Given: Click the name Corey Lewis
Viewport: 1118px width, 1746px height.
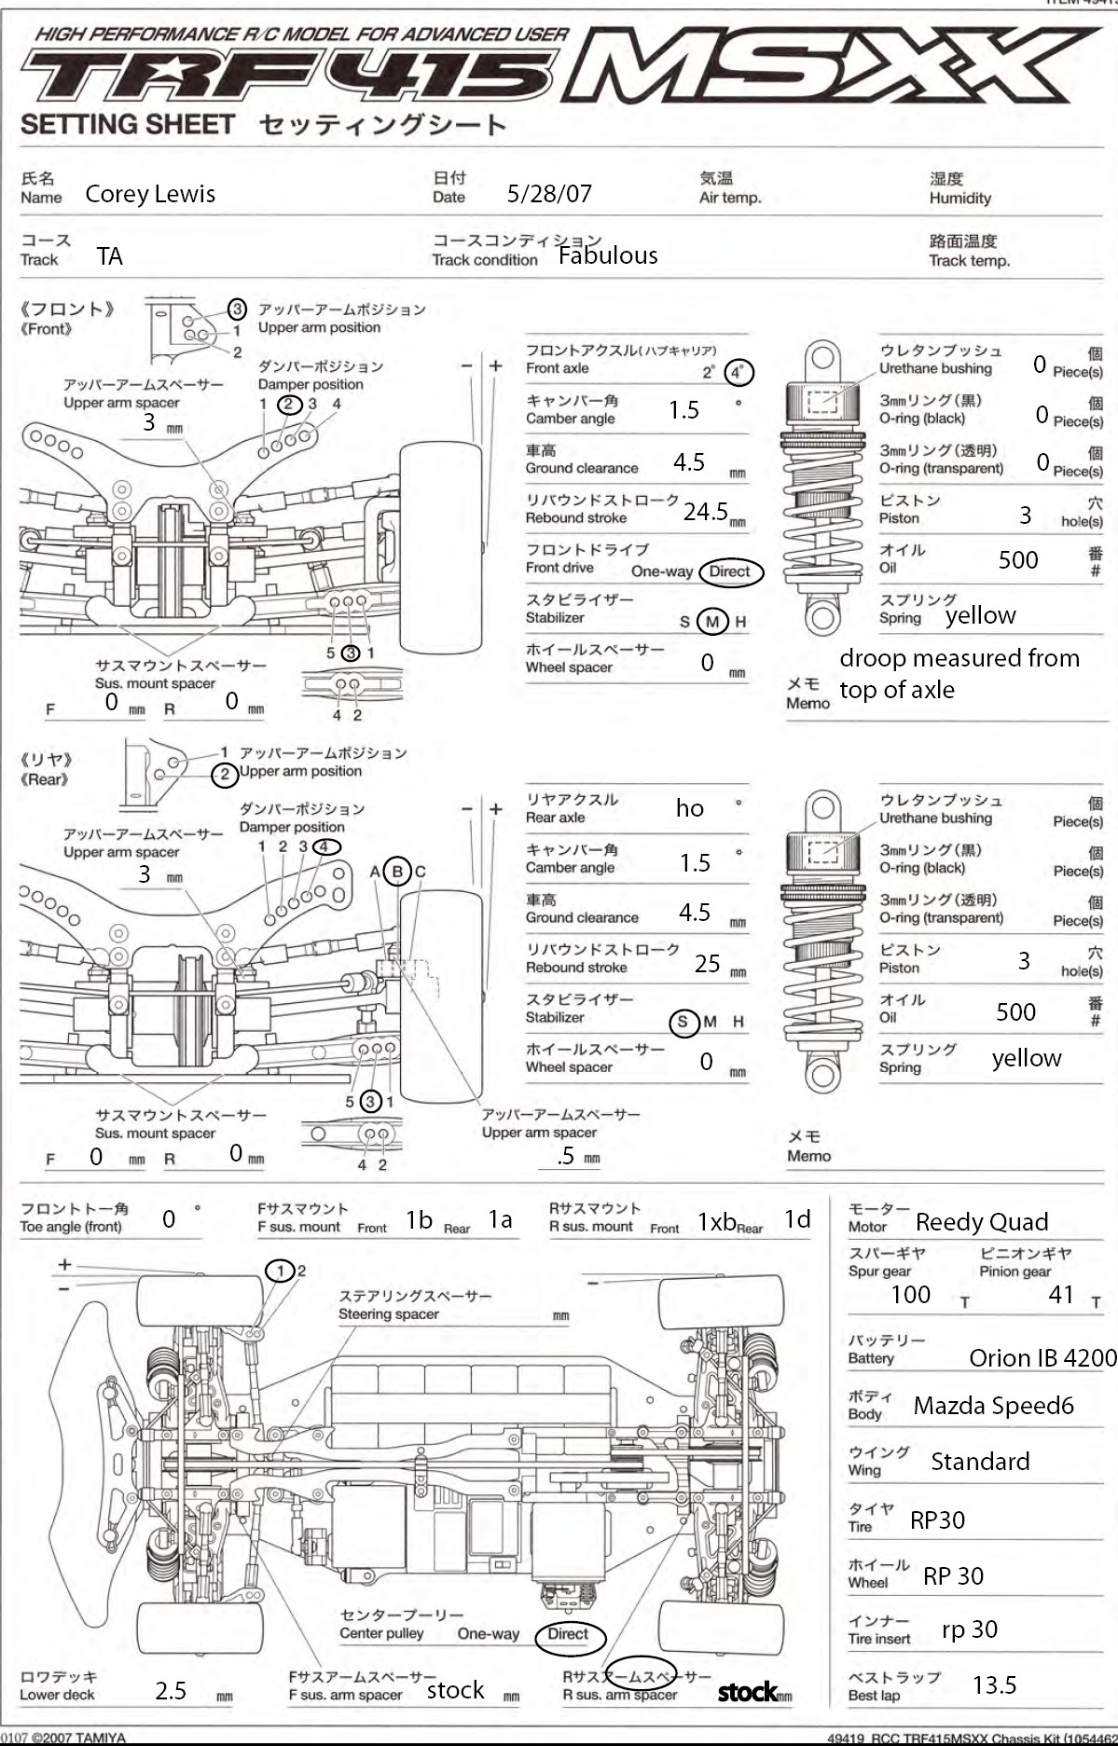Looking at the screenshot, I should click(150, 194).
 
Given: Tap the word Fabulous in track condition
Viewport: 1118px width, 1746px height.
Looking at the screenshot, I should click(608, 255).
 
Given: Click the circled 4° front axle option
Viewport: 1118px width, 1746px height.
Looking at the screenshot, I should click(738, 372).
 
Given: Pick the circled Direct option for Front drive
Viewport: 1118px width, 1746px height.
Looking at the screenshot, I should click(729, 571).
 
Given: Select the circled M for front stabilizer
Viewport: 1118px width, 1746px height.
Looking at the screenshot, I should click(713, 622).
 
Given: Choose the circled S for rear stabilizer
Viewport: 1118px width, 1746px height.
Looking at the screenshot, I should click(683, 1022).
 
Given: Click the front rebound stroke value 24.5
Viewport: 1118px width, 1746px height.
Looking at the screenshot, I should click(706, 511).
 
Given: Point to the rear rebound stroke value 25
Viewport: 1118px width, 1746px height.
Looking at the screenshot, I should click(708, 963).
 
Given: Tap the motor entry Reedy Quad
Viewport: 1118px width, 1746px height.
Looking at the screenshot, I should click(982, 1221).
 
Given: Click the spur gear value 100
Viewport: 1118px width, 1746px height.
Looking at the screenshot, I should click(910, 1294).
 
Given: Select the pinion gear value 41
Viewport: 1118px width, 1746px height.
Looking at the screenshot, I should click(1061, 1294).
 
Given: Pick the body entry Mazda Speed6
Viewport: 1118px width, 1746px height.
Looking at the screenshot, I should click(993, 1405).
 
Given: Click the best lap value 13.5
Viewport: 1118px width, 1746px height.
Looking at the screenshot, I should click(994, 1684).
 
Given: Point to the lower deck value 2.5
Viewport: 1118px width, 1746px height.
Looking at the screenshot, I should click(171, 1690).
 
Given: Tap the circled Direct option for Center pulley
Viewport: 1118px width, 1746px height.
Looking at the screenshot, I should click(568, 1634).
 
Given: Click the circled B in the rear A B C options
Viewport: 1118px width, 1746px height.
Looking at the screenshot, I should click(397, 872).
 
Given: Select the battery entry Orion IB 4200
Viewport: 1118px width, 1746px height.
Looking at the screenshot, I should click(1042, 1357).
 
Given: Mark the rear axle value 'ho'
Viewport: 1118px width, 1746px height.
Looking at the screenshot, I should click(690, 808).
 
